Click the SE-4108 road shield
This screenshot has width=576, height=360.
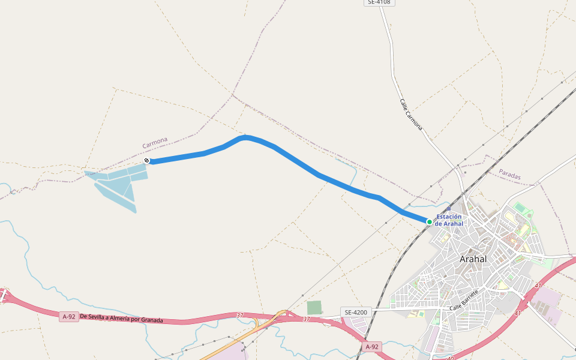coord(379,2)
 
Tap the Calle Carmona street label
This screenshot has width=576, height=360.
coord(411,114)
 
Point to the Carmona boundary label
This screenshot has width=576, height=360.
coord(155,143)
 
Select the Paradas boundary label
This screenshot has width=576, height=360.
coord(510,174)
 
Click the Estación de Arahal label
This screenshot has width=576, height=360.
coord(449,220)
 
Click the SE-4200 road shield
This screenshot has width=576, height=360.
coord(356,312)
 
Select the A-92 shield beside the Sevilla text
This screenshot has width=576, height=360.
coord(69,317)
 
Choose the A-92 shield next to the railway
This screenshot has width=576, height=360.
coord(372,347)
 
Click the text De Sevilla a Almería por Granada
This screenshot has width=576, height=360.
coord(121,318)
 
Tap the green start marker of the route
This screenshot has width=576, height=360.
coord(430,222)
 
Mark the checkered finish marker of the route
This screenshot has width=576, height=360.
coord(146,160)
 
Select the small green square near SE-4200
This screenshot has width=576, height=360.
coord(314,307)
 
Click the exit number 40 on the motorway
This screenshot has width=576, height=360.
coord(451,358)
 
